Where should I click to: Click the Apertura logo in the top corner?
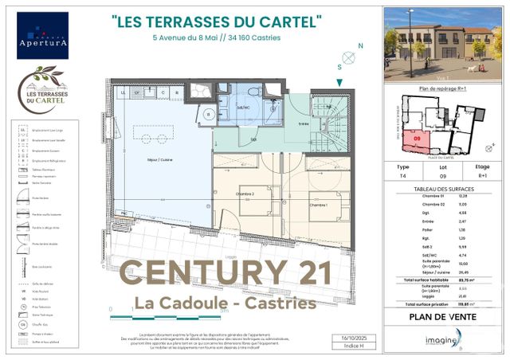point(42,35)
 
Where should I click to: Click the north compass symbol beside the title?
point(347,57)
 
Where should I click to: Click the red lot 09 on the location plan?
point(417,141)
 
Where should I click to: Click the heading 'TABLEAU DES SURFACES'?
point(446,188)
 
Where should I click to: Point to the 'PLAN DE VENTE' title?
point(446,316)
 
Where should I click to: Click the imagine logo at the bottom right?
point(441,341)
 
